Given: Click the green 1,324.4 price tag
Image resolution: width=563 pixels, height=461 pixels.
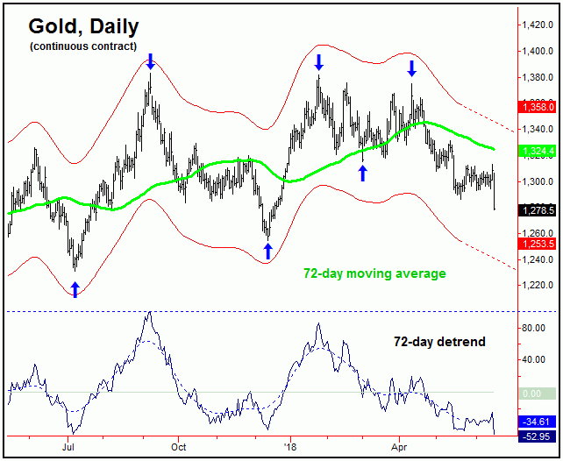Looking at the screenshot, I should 538,151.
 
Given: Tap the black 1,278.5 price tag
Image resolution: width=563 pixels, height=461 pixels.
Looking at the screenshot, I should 538,210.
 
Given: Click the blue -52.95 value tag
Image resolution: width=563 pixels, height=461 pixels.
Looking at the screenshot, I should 538,436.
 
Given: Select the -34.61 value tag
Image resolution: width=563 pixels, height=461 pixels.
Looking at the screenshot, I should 538,422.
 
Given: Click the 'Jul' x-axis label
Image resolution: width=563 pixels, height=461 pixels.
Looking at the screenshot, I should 68,446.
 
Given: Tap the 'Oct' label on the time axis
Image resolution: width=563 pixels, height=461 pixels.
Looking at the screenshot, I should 178,446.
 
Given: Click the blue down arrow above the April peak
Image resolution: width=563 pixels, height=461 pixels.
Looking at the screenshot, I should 410,67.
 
